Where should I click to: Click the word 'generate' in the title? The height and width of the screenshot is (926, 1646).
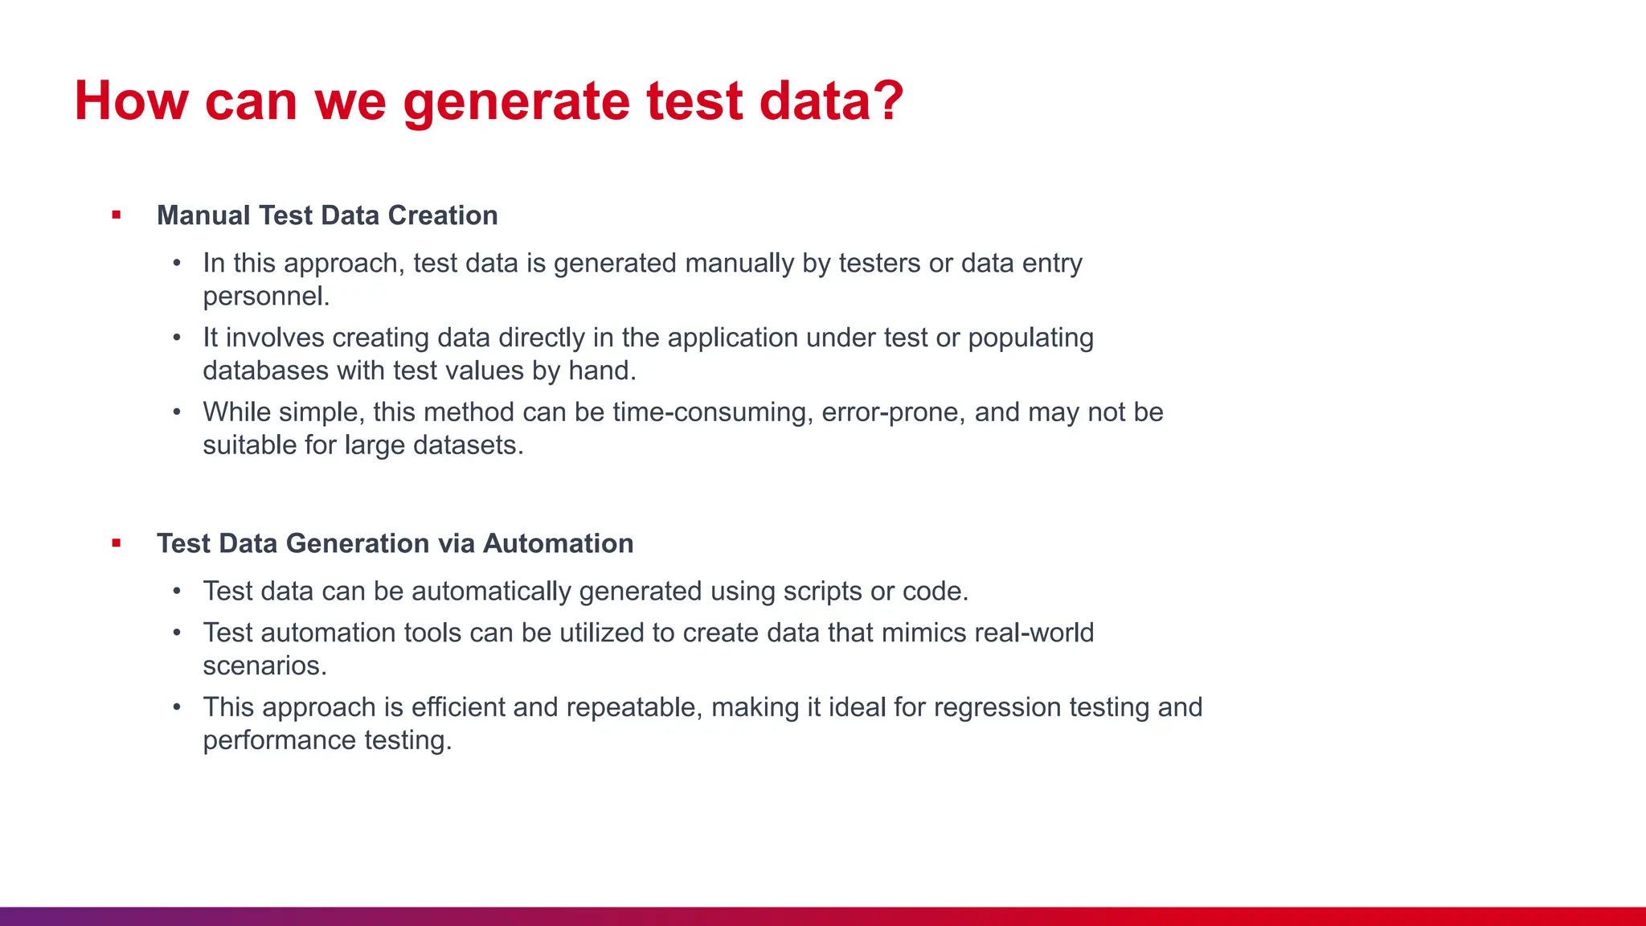(517, 102)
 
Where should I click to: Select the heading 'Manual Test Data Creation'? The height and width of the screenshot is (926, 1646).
(327, 215)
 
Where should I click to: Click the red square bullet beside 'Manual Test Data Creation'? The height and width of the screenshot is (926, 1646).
(117, 215)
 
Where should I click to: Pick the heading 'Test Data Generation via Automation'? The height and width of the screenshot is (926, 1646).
(395, 543)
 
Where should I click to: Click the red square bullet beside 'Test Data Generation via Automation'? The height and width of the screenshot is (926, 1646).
(117, 543)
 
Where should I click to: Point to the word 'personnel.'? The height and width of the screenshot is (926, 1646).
(266, 297)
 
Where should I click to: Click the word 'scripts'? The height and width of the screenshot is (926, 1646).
(822, 592)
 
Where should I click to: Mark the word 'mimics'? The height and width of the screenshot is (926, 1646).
(923, 633)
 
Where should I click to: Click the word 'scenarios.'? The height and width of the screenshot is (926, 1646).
(264, 666)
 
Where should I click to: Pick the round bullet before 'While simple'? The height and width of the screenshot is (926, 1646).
(177, 412)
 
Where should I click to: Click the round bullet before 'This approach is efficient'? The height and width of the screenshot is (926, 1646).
(177, 707)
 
